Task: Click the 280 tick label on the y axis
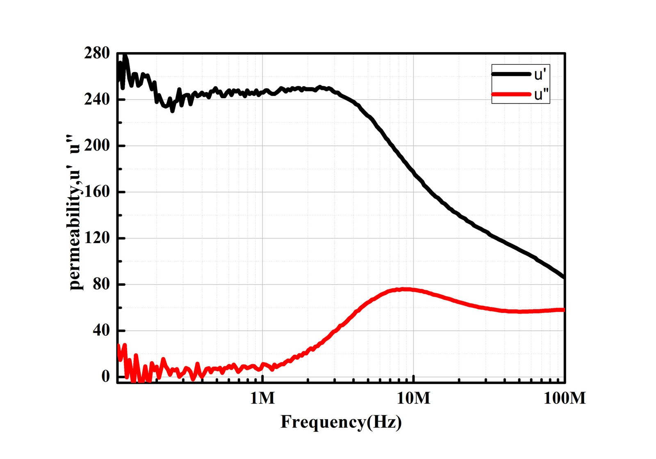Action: (97, 53)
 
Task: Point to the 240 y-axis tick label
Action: (97, 100)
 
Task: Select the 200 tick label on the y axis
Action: (97, 146)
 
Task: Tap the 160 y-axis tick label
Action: (97, 192)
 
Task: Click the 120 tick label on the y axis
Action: (97, 238)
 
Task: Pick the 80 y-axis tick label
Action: (101, 285)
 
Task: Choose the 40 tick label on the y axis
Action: (101, 330)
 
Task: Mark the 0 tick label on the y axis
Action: (106, 376)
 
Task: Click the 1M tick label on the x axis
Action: (262, 398)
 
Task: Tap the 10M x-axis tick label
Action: (414, 398)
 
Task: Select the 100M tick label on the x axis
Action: (565, 398)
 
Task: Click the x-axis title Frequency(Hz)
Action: (341, 422)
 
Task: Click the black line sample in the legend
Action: (511, 74)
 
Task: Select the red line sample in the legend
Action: (511, 94)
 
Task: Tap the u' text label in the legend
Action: (540, 75)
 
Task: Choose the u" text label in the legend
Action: (541, 95)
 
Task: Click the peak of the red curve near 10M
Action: (404, 289)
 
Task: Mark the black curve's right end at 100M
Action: (564, 278)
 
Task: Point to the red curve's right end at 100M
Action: (564, 310)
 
